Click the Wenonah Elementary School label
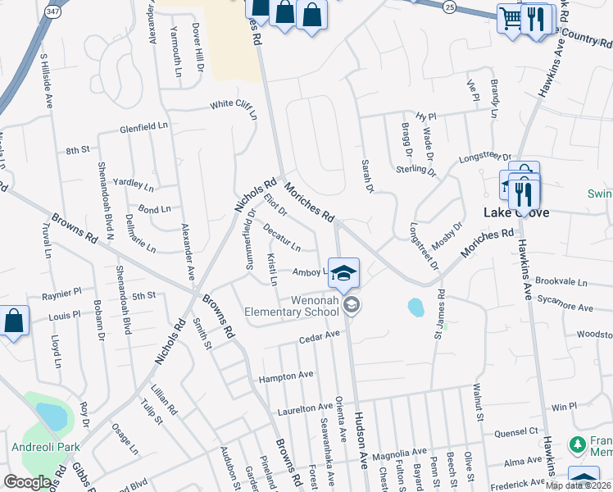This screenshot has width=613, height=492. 291,305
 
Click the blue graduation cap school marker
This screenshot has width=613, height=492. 343,274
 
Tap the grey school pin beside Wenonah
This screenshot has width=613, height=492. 352,306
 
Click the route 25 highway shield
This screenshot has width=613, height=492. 448,6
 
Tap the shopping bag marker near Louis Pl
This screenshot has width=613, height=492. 14,321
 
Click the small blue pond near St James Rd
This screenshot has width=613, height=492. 415,307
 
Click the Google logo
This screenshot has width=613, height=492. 28,481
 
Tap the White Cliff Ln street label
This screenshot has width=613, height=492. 234,106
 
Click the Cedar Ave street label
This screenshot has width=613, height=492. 319,336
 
